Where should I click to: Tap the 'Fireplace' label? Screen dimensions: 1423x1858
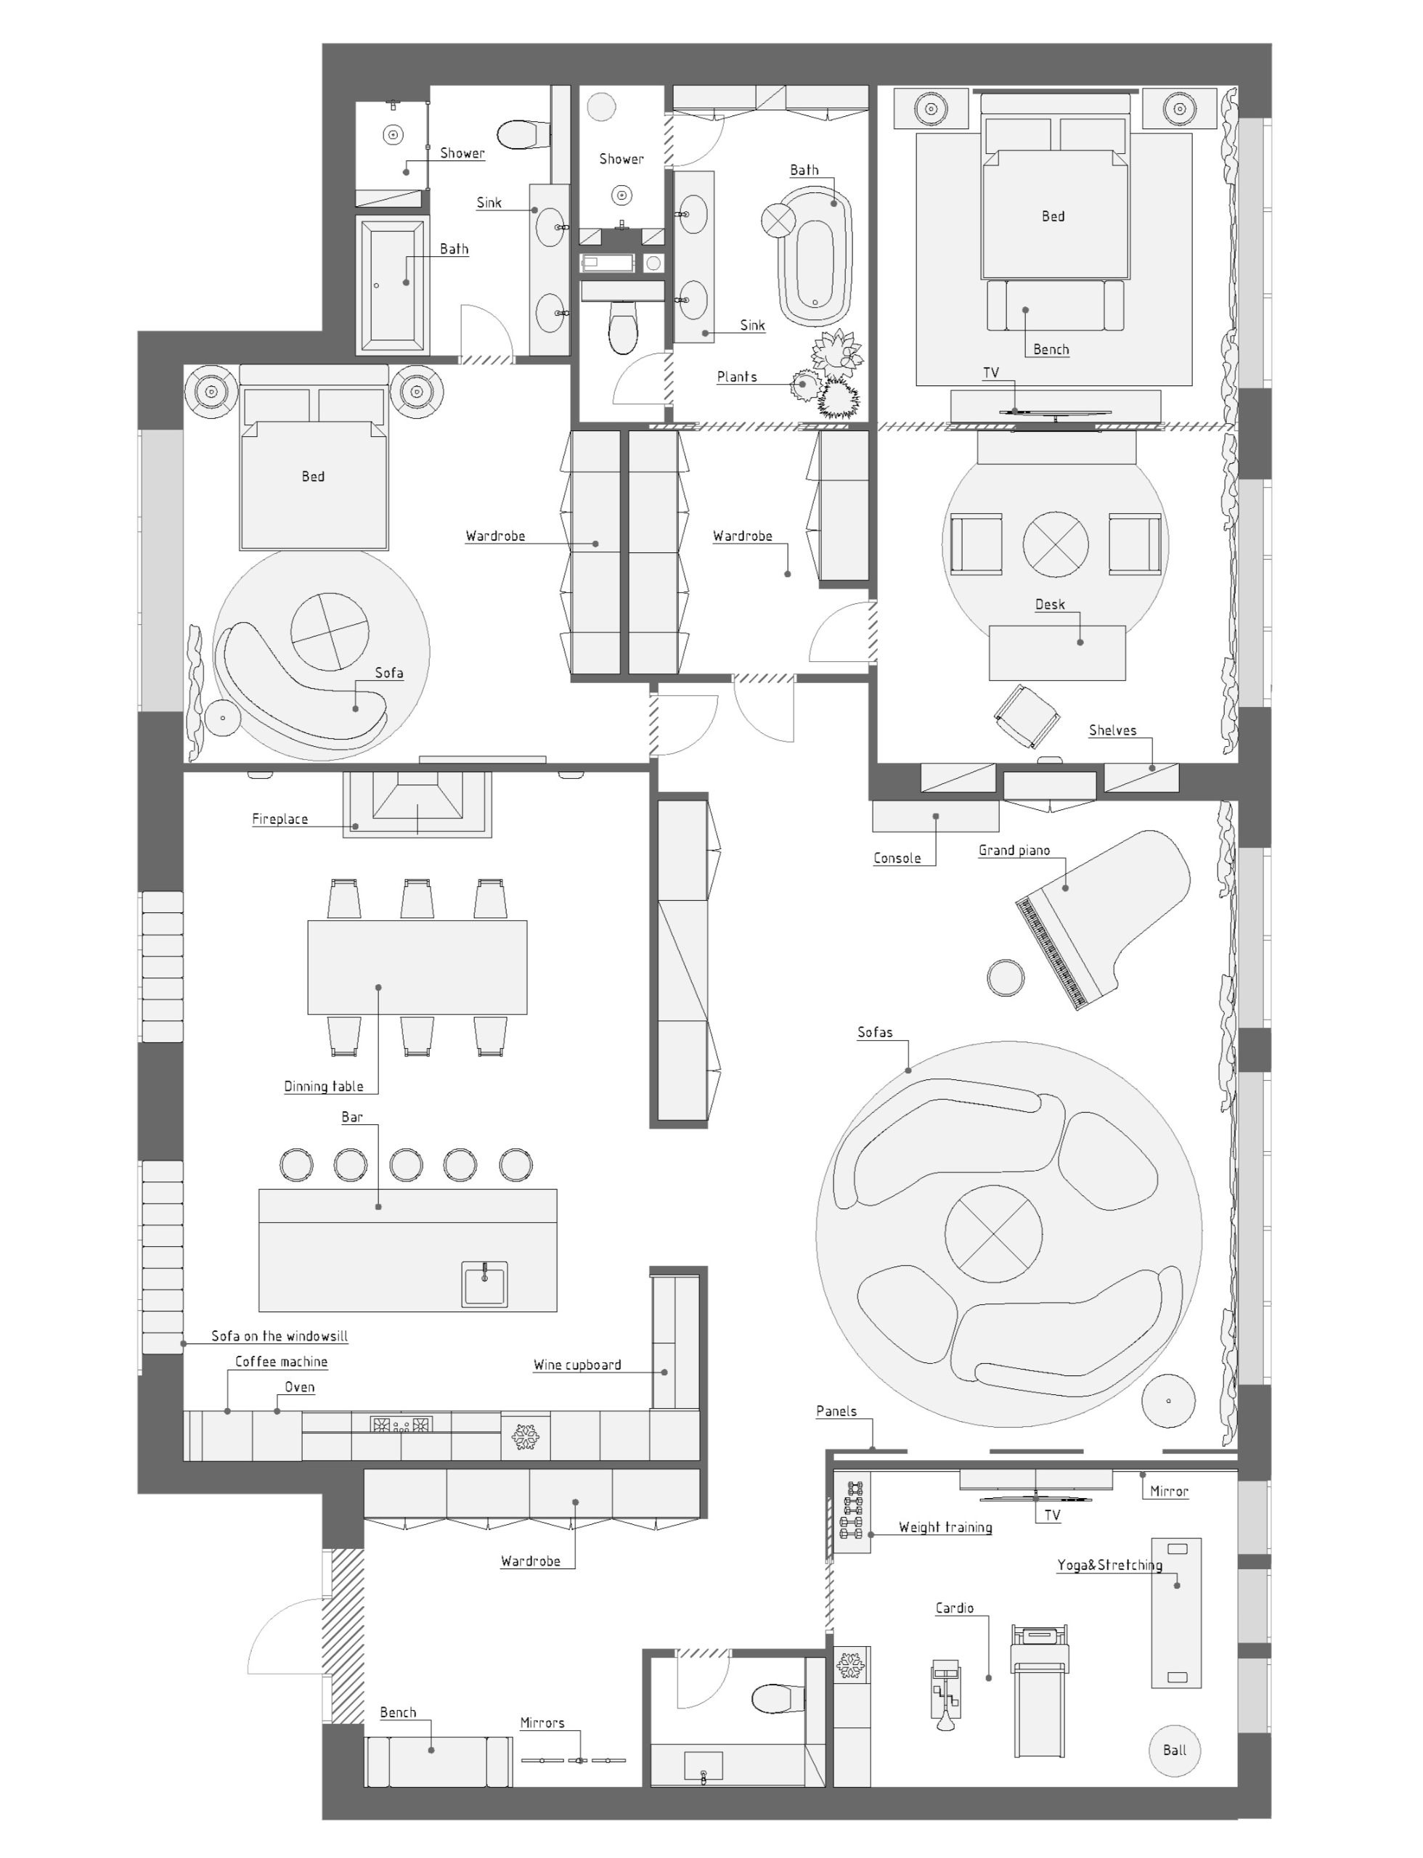pyautogui.click(x=280, y=819)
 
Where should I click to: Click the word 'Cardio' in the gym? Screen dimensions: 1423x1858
pyautogui.click(x=955, y=1608)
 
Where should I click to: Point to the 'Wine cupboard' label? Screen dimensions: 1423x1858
pyautogui.click(x=576, y=1364)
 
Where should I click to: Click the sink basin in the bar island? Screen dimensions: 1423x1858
pyautogui.click(x=484, y=1284)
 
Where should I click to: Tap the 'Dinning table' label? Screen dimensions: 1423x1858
pyautogui.click(x=324, y=1086)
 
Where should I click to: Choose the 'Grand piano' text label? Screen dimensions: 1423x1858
pyautogui.click(x=1014, y=850)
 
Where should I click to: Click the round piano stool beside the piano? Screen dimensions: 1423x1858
pyautogui.click(x=1006, y=978)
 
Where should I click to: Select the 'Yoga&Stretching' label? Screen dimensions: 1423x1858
pyautogui.click(x=1109, y=1565)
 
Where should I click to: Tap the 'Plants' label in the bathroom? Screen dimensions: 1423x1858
pyautogui.click(x=737, y=377)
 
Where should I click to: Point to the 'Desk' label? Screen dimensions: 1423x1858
pyautogui.click(x=1050, y=604)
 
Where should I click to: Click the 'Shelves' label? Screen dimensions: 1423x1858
pyautogui.click(x=1112, y=730)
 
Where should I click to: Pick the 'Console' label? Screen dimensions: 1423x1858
pyautogui.click(x=897, y=858)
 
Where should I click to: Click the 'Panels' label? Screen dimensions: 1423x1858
pyautogui.click(x=836, y=1411)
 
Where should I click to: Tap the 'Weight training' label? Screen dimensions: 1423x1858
pyautogui.click(x=945, y=1527)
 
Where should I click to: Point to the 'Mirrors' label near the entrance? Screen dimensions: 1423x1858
pyautogui.click(x=542, y=1722)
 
